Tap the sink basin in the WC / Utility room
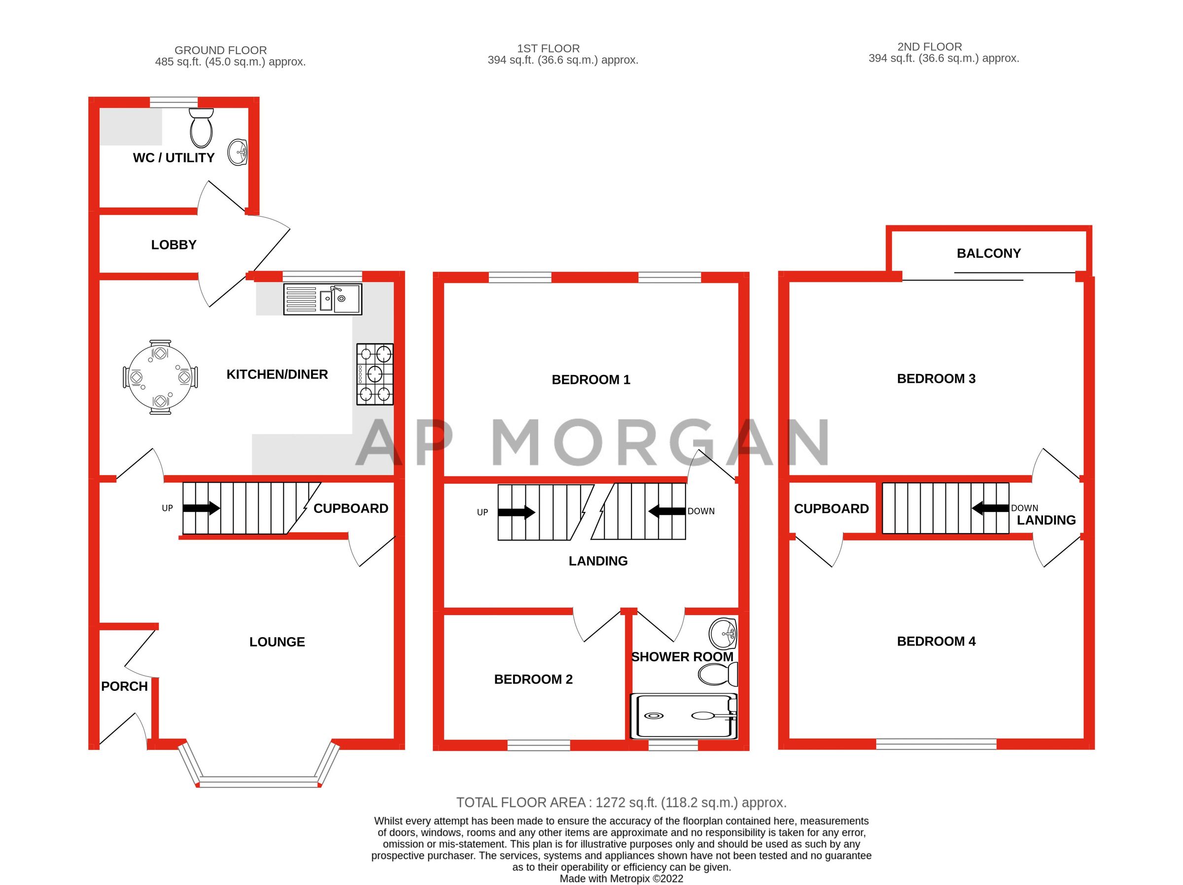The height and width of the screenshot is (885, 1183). coord(238,152)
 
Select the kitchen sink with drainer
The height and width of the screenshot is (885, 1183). coord(322,299)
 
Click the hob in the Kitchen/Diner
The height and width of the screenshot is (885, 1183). coord(375,374)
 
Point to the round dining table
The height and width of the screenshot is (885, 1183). coord(160,377)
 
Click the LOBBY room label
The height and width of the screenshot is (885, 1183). coord(174,245)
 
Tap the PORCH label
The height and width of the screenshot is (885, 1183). coord(124,686)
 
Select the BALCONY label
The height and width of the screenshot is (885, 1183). coord(988,253)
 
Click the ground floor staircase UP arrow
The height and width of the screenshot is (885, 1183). coord(201,508)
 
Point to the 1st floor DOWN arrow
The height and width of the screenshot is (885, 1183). coord(666,511)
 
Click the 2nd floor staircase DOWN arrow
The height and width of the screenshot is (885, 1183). coord(989,508)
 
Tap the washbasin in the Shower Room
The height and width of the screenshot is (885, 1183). coord(723,634)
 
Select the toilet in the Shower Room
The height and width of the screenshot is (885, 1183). coord(718,674)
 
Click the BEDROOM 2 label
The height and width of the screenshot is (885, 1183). coord(533,679)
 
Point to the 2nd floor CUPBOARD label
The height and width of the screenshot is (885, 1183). coord(831,509)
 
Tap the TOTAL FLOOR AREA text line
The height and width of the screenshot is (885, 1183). coord(621,803)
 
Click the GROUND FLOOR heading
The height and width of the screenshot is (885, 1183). coord(220,50)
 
